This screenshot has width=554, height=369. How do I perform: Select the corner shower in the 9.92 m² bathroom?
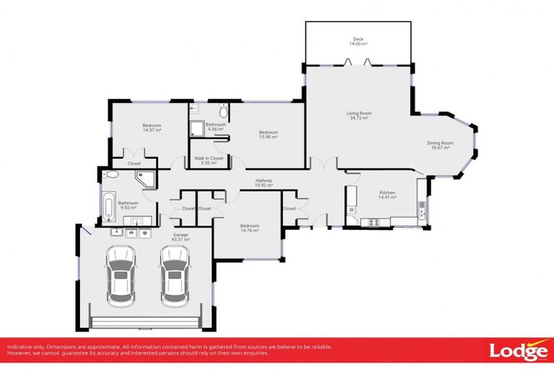coord(149,179)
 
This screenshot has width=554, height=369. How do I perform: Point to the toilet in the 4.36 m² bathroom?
coord(224,112)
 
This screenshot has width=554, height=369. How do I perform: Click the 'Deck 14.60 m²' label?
coord(358,42)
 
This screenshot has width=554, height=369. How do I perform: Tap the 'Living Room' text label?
coord(359,113)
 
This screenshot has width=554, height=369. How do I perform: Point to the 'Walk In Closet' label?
coord(208,158)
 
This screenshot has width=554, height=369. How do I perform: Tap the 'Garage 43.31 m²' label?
coord(180,236)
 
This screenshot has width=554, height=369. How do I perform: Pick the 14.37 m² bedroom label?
coord(151,128)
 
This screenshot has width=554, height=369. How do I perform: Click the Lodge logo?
coord(518,351)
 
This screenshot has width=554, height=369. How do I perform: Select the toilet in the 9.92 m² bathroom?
coord(110,174)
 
